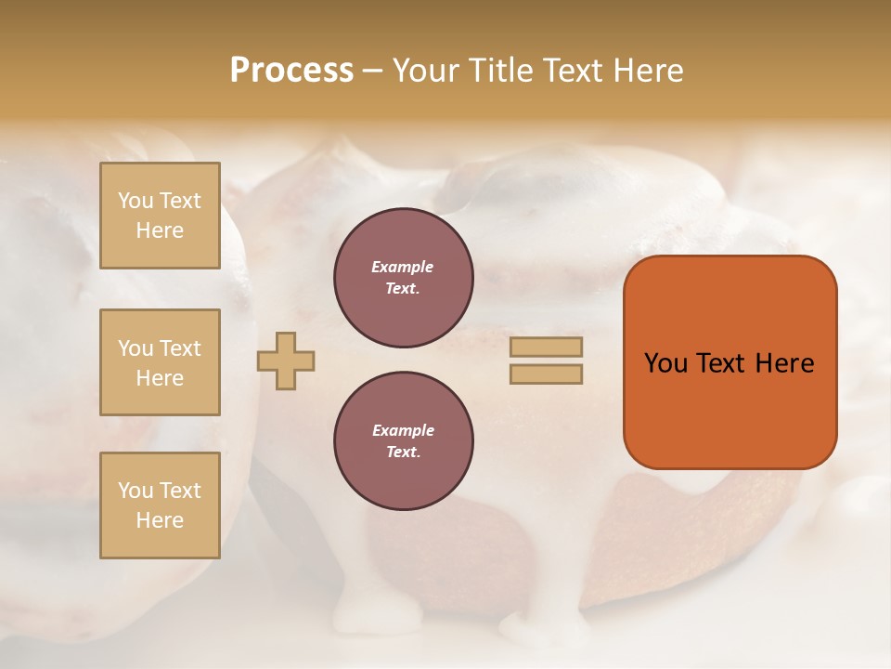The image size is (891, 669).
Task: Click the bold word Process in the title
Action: point(291,71)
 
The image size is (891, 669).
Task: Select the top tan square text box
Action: point(160,216)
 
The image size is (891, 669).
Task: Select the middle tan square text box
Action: point(160,362)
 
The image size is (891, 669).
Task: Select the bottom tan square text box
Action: point(160,505)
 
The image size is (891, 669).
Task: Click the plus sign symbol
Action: point(286,361)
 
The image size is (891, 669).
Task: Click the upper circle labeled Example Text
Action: point(404,278)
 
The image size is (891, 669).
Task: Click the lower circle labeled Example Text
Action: point(404,441)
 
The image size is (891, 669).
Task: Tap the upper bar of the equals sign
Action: point(546,347)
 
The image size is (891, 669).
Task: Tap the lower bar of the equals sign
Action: point(546,374)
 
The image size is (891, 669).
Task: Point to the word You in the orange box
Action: point(665,363)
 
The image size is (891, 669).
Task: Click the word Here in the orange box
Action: point(785,363)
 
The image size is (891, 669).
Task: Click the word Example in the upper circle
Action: point(403,267)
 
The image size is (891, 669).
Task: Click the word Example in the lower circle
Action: point(403,430)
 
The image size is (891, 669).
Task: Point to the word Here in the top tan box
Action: point(160,230)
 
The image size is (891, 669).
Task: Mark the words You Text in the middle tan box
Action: point(160,348)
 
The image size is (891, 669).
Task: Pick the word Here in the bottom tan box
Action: point(160,520)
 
